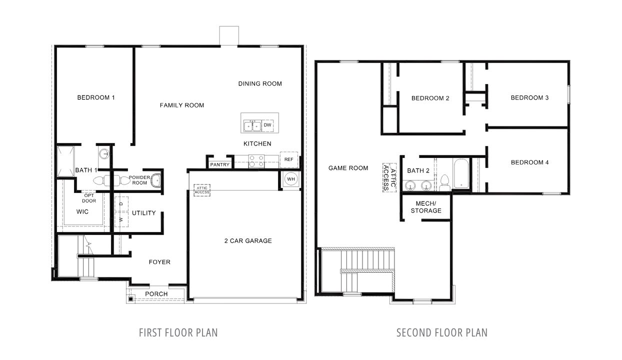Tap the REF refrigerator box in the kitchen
point(289,159)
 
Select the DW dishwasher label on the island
point(267,124)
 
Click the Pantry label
point(220,164)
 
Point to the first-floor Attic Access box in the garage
point(202,189)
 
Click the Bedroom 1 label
point(96,97)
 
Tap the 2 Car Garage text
point(248,241)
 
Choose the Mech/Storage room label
point(426,207)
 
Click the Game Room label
point(348,168)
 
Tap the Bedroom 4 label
point(529,162)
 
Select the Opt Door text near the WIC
point(89,198)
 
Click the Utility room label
point(143,213)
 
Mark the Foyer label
point(159,262)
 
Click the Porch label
point(156,293)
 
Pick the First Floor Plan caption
point(178,332)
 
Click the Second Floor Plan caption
point(441,332)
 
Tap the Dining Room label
point(260,83)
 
